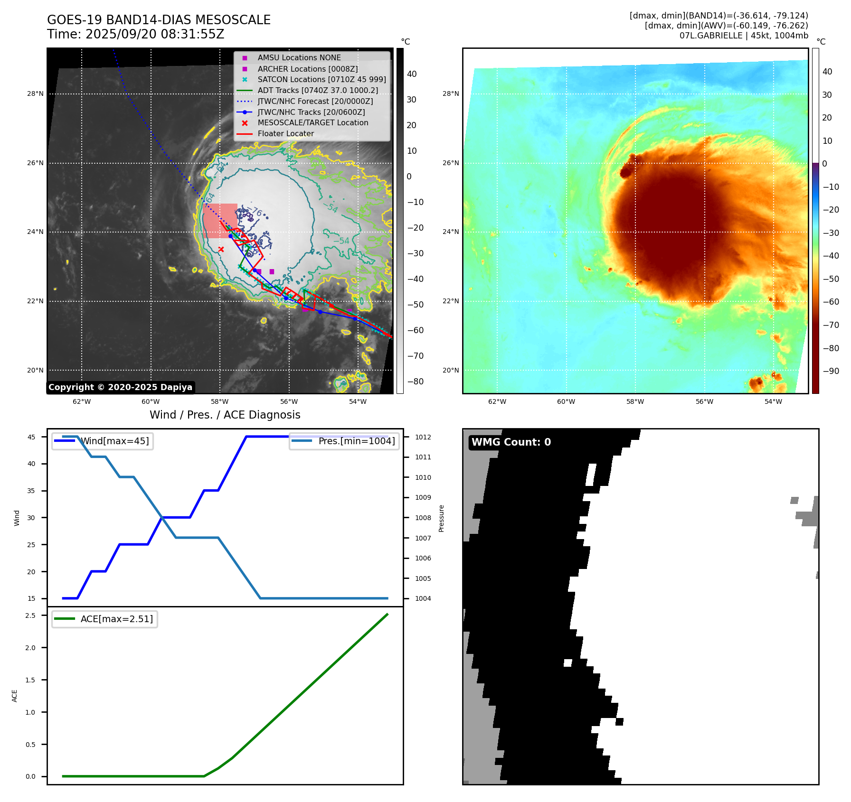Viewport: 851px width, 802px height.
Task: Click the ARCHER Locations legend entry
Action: coord(307,69)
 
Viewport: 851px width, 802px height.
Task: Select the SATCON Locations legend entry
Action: coord(321,80)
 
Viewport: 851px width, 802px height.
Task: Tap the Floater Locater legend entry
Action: coord(285,134)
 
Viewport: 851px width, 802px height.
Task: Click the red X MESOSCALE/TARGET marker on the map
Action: coord(221,249)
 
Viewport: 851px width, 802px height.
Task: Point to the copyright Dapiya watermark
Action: coord(120,387)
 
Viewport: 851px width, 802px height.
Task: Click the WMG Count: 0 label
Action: coord(511,442)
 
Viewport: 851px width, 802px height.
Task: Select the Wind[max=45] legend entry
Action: coord(114,441)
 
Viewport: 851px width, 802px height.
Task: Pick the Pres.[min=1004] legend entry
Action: coord(356,441)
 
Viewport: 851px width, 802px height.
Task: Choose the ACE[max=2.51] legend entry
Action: coord(116,619)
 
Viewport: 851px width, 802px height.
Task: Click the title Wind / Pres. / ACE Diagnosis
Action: coord(225,415)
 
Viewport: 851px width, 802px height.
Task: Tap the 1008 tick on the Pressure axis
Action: coord(423,518)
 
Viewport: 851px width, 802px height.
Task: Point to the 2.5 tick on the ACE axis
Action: coord(30,615)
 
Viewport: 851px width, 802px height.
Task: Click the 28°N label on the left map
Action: coord(35,94)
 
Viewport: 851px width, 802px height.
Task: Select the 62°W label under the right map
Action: coord(497,401)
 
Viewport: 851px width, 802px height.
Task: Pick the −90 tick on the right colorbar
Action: coord(831,371)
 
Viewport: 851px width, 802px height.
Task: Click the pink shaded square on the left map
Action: coord(220,221)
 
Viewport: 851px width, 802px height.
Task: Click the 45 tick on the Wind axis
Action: coord(31,437)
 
